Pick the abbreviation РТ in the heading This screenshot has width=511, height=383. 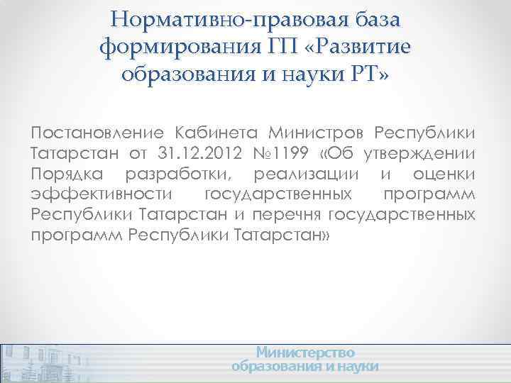pos(367,74)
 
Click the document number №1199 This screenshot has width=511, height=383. pos(268,155)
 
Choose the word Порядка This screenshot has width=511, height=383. pos(67,174)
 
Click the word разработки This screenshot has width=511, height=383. pos(182,174)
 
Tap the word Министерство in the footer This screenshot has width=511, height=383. pos(305,353)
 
